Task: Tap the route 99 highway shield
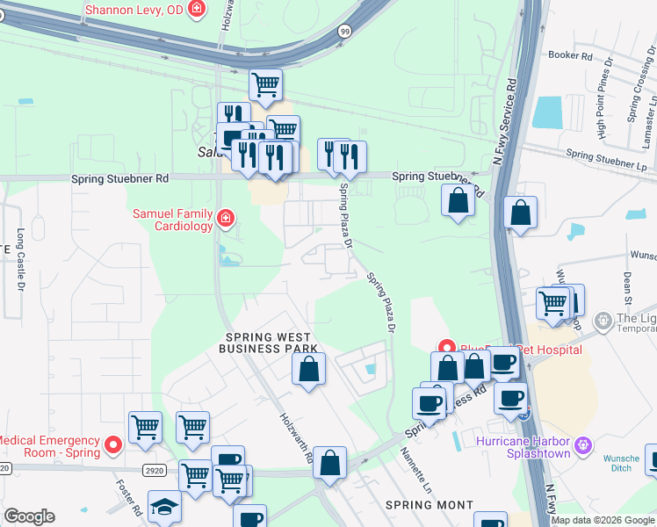click(344, 31)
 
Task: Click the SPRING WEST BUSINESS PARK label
click(271, 343)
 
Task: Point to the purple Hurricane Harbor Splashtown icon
click(581, 447)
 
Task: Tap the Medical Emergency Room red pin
click(112, 446)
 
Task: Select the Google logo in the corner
click(29, 516)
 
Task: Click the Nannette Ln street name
click(416, 470)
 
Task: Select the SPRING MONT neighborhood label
click(429, 505)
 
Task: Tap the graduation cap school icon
click(163, 508)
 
